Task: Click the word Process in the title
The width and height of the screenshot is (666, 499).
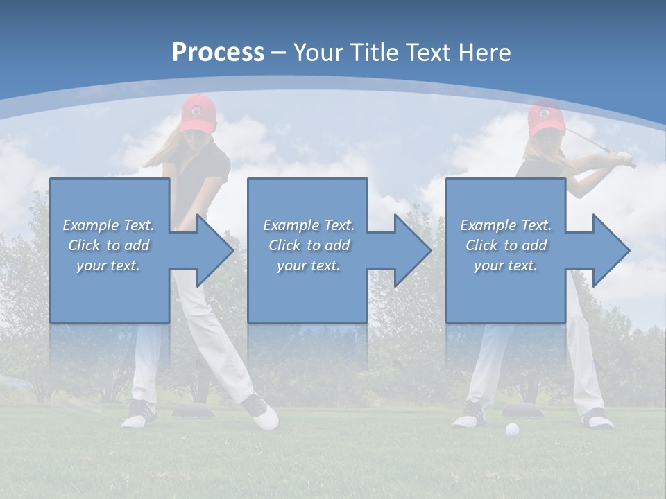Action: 218,53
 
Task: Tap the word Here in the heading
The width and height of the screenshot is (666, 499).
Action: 485,53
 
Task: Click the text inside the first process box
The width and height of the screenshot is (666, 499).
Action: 109,245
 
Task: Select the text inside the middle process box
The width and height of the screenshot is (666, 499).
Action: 308,245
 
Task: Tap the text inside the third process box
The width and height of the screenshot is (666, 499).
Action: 505,245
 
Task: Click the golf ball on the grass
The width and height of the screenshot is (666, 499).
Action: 512,430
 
